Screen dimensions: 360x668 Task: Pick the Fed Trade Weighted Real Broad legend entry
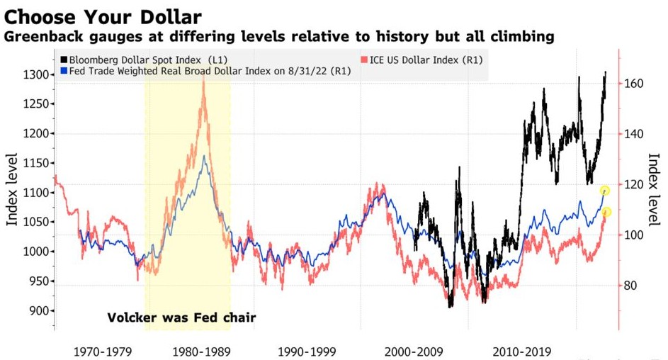[x=199, y=71]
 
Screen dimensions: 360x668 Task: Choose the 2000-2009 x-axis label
[x=415, y=351]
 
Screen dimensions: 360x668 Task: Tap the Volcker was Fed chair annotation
[x=181, y=317]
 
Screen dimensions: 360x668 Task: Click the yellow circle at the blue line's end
[x=604, y=191]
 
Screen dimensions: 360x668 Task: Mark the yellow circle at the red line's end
[x=606, y=212]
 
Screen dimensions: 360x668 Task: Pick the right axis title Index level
[x=654, y=190]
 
